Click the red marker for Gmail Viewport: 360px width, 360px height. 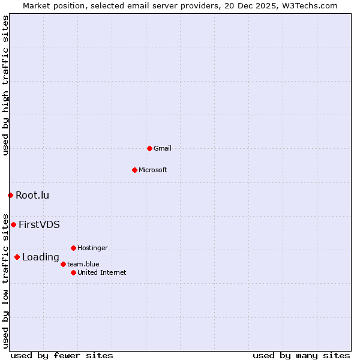(149, 148)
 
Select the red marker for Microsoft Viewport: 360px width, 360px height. (134, 170)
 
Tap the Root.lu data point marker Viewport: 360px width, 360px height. (10, 195)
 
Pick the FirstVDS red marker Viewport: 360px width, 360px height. (13, 224)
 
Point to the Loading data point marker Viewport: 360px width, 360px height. (17, 257)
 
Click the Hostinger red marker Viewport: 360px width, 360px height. (73, 248)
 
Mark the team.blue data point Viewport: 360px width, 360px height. (63, 264)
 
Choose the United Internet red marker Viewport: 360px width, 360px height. (73, 272)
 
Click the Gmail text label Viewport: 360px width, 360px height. (163, 148)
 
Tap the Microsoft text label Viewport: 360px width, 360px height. (153, 170)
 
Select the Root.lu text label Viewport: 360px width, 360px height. (32, 195)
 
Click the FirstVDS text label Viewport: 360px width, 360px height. (39, 225)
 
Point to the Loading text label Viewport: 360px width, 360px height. (41, 257)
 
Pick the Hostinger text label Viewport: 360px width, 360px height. (93, 248)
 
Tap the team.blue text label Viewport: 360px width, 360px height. (83, 264)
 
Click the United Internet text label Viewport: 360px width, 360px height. (102, 272)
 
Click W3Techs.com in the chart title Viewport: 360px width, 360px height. (309, 5)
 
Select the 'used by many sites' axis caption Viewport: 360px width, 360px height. (301, 355)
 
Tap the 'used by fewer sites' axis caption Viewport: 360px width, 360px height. (62, 355)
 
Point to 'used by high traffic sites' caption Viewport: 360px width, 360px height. (6, 85)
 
